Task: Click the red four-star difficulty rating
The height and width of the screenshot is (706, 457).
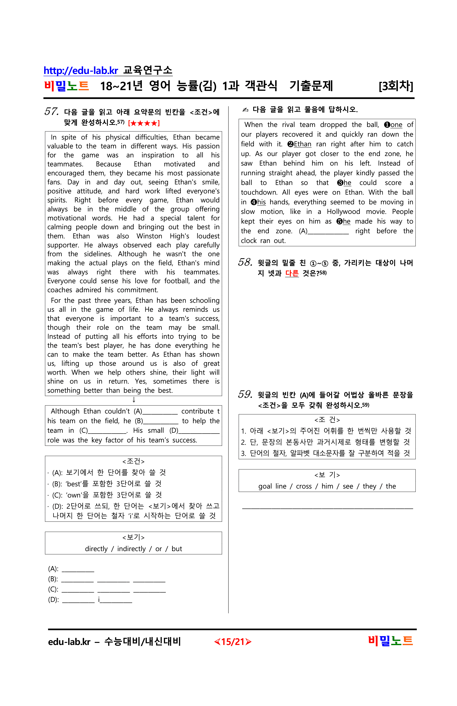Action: pyautogui.click(x=144, y=123)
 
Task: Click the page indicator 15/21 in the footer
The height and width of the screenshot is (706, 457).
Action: pyautogui.click(x=233, y=642)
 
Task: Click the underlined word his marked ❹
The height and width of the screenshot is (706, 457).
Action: pyautogui.click(x=261, y=202)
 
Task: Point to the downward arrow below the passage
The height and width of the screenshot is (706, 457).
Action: pyautogui.click(x=134, y=400)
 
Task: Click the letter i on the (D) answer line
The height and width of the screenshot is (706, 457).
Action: pyautogui.click(x=99, y=600)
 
